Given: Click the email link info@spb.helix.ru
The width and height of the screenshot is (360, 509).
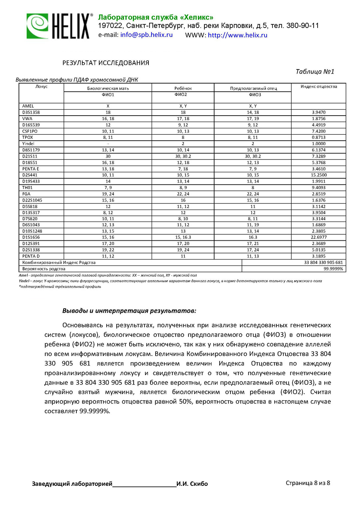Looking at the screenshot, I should point(146,35).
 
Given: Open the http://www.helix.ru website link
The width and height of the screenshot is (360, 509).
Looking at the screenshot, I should point(238,35).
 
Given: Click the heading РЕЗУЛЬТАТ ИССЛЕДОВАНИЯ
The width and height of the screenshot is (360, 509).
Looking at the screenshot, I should point(106,63).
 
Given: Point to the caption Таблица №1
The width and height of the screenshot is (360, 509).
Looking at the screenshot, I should point(315,72).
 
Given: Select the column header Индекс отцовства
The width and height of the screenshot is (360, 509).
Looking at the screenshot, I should point(319,86).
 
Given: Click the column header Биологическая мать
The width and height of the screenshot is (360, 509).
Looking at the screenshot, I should point(108,88).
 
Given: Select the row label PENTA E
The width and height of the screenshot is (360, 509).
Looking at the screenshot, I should point(31,169).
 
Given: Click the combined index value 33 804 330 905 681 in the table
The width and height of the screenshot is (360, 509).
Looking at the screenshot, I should point(324,262).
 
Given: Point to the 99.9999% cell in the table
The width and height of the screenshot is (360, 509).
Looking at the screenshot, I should point(333,269).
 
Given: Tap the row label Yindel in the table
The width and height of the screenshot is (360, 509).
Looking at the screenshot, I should point(29,143).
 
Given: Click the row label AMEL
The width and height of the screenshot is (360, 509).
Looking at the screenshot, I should point(28,106).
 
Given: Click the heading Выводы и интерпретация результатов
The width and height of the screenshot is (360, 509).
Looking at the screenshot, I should point(129,310).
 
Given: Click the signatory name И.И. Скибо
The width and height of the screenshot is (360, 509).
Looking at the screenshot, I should point(192,484).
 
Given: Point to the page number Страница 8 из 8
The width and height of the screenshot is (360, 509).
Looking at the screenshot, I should point(308,483).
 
